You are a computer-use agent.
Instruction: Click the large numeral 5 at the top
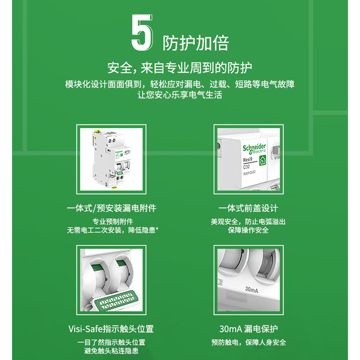pyautogui.click(x=142, y=32)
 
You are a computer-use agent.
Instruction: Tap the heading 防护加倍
pyautogui.click(x=196, y=43)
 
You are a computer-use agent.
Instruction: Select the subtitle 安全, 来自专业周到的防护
pyautogui.click(x=180, y=68)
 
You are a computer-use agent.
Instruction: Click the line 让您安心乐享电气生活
pyautogui.click(x=180, y=95)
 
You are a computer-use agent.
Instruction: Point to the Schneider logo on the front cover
pyautogui.click(x=254, y=148)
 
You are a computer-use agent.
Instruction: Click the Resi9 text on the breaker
pyautogui.click(x=248, y=159)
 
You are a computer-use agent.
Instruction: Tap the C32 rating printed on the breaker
pyautogui.click(x=246, y=166)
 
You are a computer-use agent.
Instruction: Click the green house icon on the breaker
pyautogui.click(x=263, y=160)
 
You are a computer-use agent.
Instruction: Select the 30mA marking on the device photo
pyautogui.click(x=252, y=290)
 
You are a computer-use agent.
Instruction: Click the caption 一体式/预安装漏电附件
pyautogui.click(x=112, y=208)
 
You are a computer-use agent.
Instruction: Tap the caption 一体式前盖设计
pyautogui.click(x=248, y=208)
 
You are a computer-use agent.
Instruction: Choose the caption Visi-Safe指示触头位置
pyautogui.click(x=111, y=329)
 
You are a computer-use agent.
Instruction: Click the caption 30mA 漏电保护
pyautogui.click(x=248, y=329)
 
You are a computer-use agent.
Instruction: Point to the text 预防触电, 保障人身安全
pyautogui.click(x=249, y=342)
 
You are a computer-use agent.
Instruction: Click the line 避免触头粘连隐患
pyautogui.click(x=111, y=351)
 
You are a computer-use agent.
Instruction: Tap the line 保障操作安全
pyautogui.click(x=248, y=230)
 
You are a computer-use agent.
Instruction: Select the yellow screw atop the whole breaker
pyautogui.click(x=98, y=132)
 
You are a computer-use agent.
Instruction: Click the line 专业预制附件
pyautogui.click(x=113, y=221)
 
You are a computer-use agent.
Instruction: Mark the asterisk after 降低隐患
pyautogui.click(x=157, y=229)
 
